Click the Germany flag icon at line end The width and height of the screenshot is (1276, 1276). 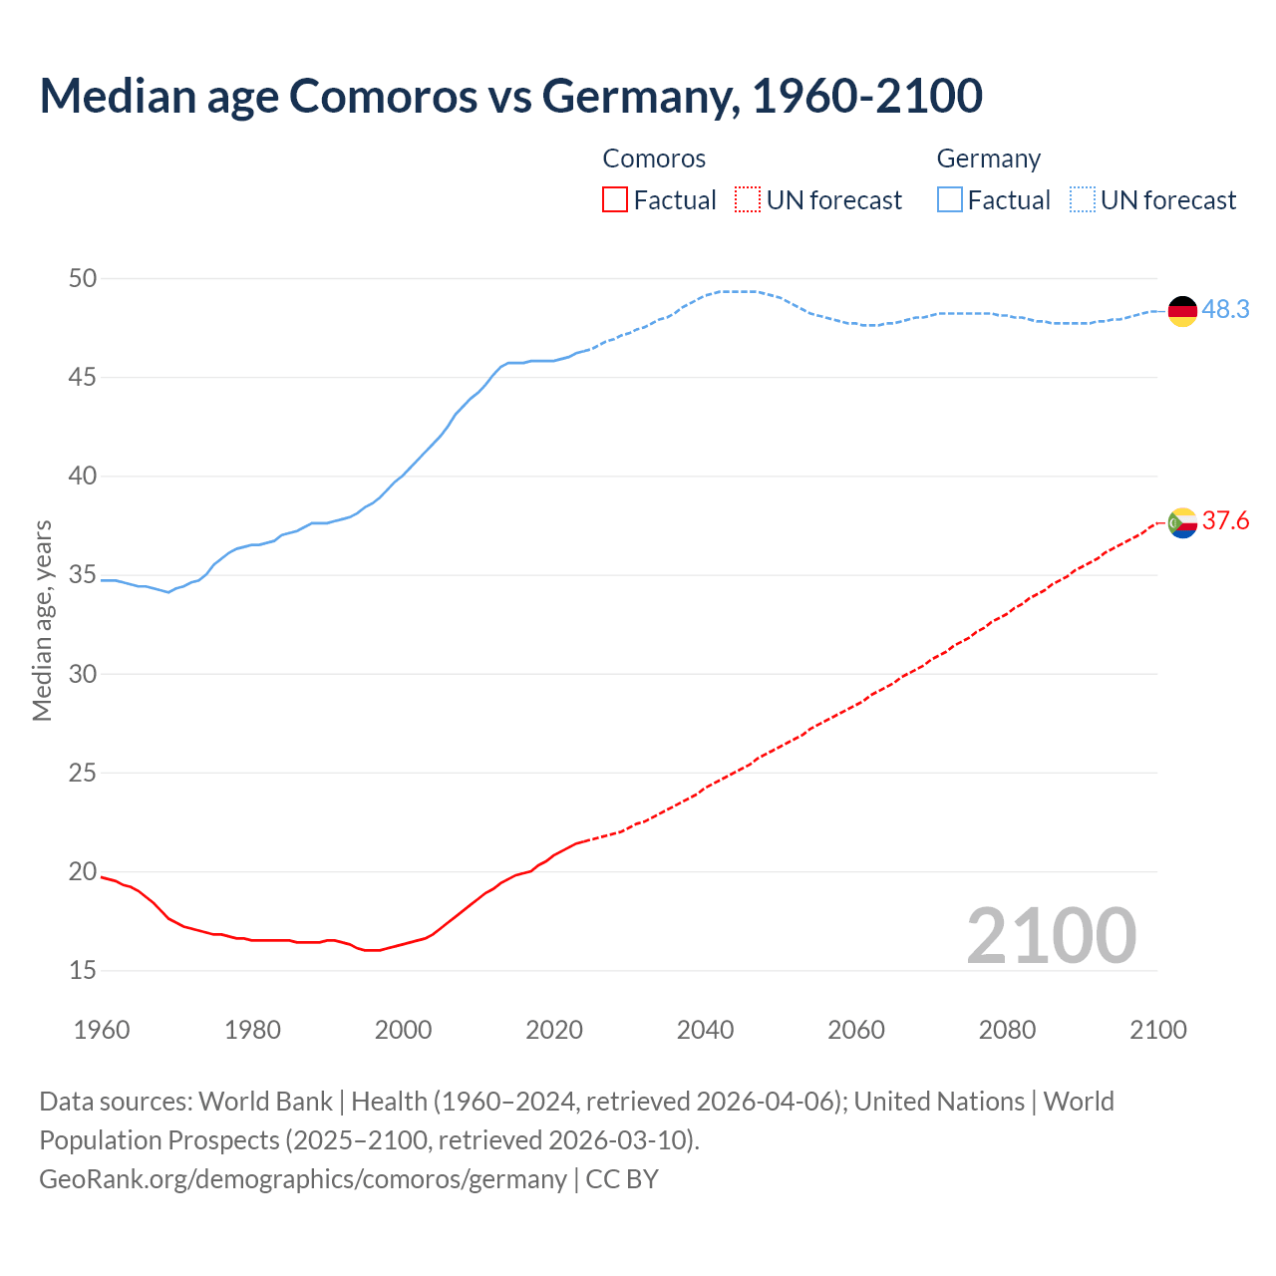pos(1182,311)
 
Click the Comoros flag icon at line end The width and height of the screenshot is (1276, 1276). pos(1182,522)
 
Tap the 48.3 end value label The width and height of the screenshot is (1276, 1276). pos(1225,310)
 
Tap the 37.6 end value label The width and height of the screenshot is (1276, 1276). pos(1225,521)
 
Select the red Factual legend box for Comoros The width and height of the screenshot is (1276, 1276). pos(615,200)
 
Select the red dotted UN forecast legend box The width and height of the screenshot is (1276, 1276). pos(748,200)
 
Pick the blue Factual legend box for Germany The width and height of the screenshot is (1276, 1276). pos(950,200)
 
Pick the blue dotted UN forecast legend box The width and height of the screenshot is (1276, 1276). pos(1082,200)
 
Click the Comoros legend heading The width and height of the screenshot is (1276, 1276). pos(654,159)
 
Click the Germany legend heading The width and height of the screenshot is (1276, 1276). pos(988,159)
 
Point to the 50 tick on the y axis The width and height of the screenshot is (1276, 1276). pos(83,278)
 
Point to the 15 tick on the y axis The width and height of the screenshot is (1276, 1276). pos(83,970)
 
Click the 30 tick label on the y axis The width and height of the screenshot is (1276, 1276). pos(83,674)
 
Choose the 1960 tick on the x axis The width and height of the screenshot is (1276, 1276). pos(102,1030)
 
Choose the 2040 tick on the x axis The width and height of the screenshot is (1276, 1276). pos(705,1030)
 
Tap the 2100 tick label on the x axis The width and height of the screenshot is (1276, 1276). pos(1157,1030)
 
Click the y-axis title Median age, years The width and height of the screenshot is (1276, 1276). pos(42,620)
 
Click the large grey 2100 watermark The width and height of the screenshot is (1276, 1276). pos(1051,935)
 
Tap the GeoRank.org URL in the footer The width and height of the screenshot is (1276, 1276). pos(302,1179)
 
